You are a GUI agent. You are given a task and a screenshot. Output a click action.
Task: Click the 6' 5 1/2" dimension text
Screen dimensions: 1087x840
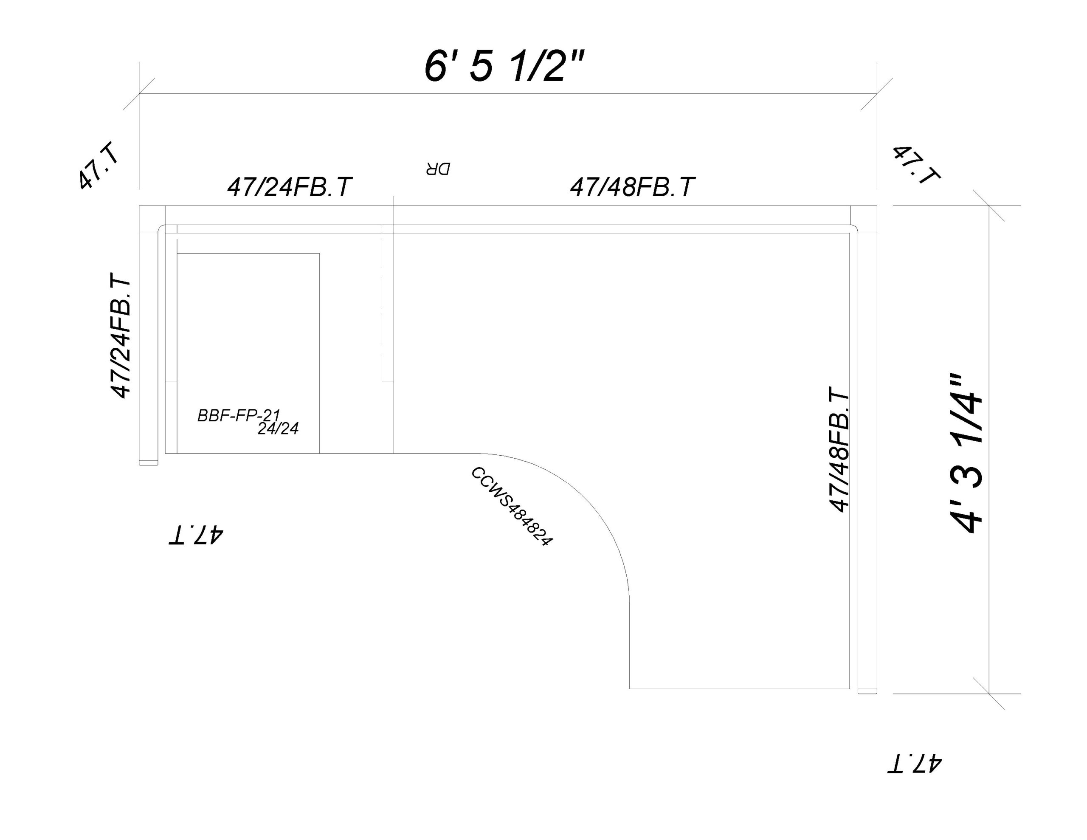click(x=504, y=66)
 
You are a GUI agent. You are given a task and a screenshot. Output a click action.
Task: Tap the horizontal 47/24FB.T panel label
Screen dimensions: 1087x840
click(x=290, y=187)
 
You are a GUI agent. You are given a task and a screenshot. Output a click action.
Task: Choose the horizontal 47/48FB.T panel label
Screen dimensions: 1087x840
click(x=632, y=187)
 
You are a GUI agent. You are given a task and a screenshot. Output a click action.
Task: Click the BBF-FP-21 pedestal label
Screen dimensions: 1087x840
click(x=239, y=415)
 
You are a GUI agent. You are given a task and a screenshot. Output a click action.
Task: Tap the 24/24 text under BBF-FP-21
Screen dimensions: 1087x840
click(x=278, y=428)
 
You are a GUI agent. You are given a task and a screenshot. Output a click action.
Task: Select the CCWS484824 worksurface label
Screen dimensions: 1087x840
click(x=512, y=506)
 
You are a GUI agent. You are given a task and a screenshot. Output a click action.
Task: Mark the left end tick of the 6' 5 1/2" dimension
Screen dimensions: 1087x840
click(x=139, y=93)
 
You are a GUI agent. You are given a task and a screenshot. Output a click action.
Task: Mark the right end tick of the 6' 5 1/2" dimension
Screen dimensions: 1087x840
click(x=876, y=93)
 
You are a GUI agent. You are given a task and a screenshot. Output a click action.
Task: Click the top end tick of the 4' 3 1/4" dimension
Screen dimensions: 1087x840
click(x=988, y=205)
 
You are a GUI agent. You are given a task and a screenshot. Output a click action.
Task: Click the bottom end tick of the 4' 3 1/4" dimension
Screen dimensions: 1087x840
click(x=988, y=693)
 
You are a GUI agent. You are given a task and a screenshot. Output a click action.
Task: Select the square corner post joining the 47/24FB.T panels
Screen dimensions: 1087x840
click(x=152, y=219)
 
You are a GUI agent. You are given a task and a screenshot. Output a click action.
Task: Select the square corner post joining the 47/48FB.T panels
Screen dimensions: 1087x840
click(x=864, y=219)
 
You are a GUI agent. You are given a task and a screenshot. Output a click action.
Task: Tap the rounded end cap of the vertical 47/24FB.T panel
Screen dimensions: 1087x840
click(x=148, y=462)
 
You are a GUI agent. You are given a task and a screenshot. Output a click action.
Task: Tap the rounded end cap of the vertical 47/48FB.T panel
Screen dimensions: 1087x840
click(x=867, y=691)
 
